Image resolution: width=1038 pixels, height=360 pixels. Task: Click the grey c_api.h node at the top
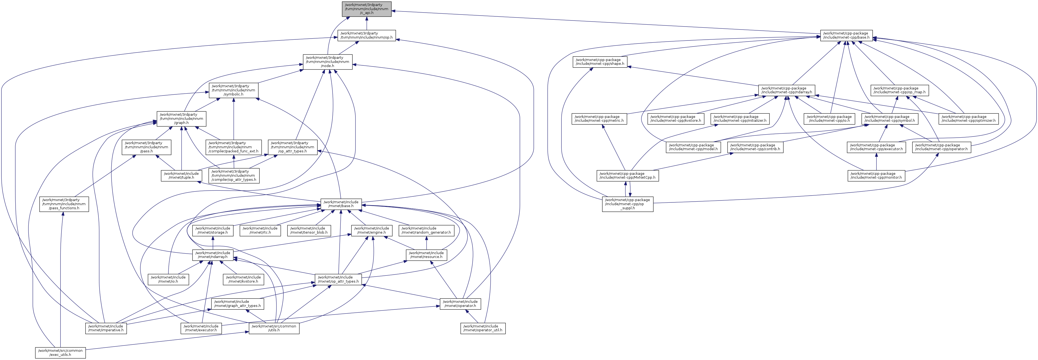click(366, 9)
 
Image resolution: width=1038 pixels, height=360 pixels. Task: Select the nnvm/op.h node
click(366, 36)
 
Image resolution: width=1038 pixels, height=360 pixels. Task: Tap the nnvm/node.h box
click(327, 62)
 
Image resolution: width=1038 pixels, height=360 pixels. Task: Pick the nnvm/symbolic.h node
click(233, 90)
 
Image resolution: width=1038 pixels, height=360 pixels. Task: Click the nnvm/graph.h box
click(181, 118)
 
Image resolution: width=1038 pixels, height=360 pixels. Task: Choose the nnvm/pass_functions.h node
click(64, 204)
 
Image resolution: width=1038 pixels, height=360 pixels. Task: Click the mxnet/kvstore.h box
click(243, 279)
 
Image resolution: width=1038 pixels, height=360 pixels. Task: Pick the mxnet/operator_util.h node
click(483, 328)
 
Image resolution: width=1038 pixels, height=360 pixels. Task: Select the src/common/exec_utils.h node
click(60, 353)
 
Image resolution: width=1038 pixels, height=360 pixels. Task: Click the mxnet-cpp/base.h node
click(846, 36)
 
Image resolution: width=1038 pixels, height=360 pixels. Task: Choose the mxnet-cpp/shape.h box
click(600, 62)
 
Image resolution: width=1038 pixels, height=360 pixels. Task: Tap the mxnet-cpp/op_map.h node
click(899, 90)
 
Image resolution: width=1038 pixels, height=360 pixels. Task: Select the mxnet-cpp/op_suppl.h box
click(627, 204)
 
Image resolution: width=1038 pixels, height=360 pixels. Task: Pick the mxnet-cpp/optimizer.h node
click(969, 118)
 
